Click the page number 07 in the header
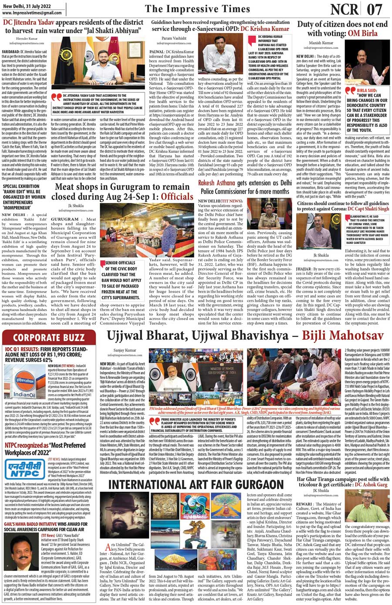point(374,9)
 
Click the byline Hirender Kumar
point(27,39)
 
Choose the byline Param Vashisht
point(174,38)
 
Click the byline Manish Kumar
point(321,43)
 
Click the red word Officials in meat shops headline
point(177,197)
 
